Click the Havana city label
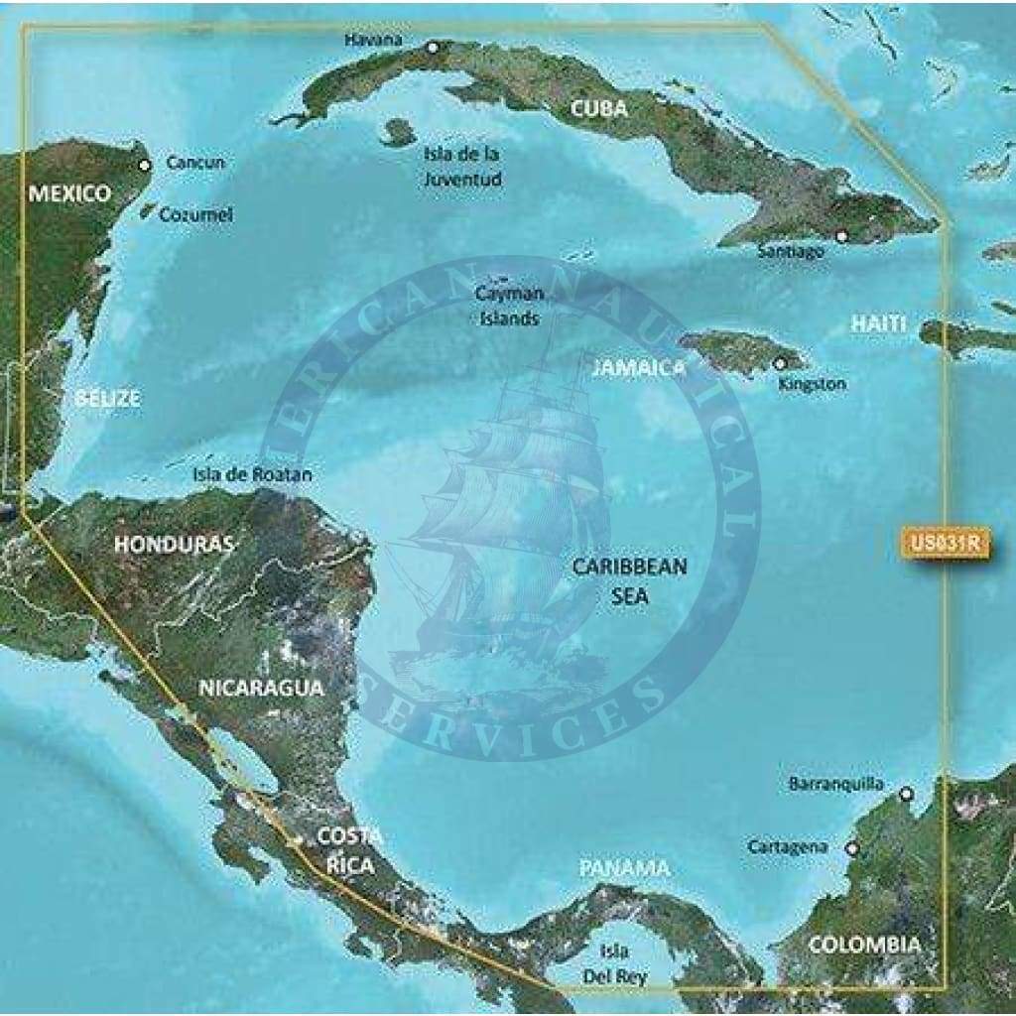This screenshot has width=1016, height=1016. pos(373,40)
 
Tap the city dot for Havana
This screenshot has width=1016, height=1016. pos(433,47)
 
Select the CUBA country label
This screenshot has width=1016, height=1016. pos(599,109)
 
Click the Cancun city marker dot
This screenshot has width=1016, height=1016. pos(146,165)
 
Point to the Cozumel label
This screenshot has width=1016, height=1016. pos(195,213)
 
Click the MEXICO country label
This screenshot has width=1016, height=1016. pos(69,193)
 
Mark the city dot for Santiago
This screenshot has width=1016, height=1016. pos(841,236)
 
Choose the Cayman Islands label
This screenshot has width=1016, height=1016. pos(509,306)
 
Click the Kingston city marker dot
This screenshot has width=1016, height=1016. pos(780,363)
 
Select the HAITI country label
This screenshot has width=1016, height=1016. pos(878,323)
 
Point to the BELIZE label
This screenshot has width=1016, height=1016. pos(107,399)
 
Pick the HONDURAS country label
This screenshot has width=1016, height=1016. pos(174,544)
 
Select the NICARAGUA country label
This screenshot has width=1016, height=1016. pos(261,687)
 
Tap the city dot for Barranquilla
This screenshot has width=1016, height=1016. pos(905,794)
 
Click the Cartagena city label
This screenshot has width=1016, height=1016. pos(788,847)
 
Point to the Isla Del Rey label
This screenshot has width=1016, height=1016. pos(615,963)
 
